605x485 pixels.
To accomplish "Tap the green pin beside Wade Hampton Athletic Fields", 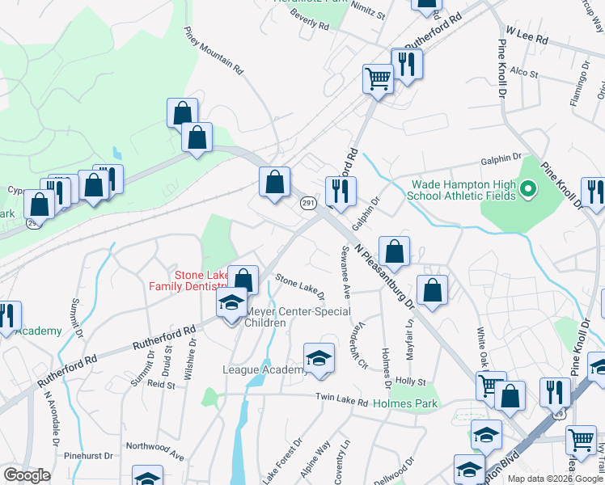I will click(529, 191).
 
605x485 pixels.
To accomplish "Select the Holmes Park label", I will click(406, 403).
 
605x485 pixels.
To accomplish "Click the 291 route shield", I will click(307, 204).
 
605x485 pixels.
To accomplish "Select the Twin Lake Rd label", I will click(341, 402).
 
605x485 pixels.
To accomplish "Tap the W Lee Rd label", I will click(527, 35).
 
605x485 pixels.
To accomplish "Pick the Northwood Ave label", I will click(156, 445).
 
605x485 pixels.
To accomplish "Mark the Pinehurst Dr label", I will click(87, 456).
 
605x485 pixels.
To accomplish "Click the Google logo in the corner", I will click(27, 475).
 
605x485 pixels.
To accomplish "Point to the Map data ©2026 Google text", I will click(554, 479).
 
